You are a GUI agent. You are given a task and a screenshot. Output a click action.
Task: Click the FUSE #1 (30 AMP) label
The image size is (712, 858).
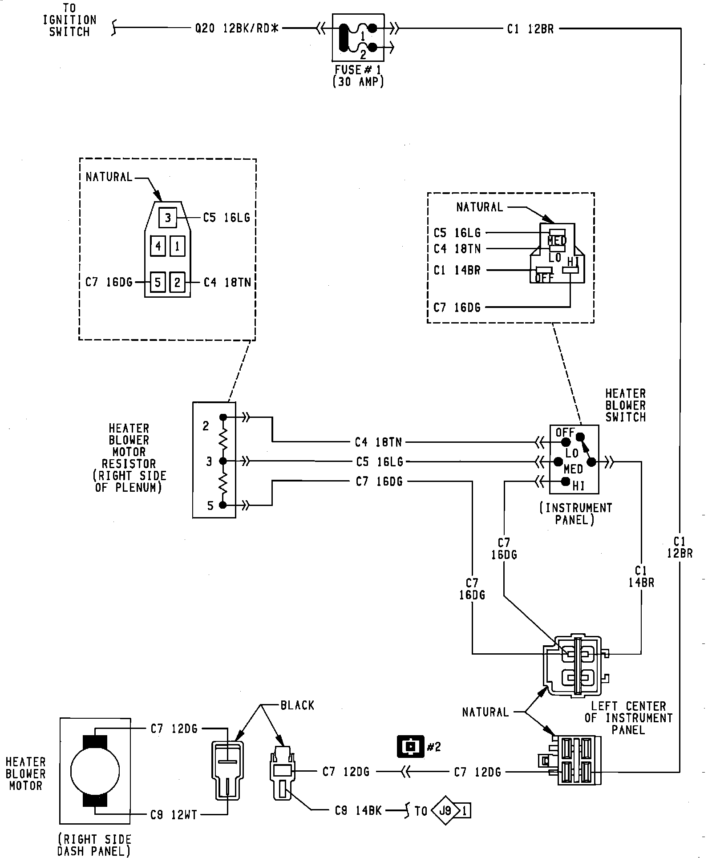pos(358,76)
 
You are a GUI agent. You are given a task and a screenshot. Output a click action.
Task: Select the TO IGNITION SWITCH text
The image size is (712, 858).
pos(69,20)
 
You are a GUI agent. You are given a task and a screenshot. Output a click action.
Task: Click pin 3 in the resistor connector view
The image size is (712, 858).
pos(168,218)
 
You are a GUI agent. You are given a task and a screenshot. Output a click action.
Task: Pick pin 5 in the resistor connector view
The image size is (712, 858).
pos(158,282)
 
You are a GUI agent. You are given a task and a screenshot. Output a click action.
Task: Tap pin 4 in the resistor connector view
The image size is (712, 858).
pos(158,246)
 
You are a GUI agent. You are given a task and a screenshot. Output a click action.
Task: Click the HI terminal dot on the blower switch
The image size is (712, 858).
pos(566,481)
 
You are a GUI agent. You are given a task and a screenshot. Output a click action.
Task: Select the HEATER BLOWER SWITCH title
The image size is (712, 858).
pos(625,405)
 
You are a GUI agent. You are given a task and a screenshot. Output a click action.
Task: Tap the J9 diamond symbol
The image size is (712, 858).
pos(445,811)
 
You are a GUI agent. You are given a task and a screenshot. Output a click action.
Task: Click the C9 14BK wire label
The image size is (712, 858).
pos(358,811)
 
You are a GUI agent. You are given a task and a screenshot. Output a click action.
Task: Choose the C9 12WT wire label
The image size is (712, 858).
pos(173,815)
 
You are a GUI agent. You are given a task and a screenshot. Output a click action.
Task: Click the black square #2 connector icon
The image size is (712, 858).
pos(410,746)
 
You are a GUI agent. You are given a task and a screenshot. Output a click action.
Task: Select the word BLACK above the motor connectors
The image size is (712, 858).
pos(297,705)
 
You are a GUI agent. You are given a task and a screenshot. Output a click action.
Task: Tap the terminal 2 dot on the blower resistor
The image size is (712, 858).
pos(223,417)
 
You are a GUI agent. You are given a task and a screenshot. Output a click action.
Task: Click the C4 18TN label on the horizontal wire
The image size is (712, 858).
pos(378,442)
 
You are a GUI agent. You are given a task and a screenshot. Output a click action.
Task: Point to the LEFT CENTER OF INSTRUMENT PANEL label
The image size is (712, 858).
pos(628,718)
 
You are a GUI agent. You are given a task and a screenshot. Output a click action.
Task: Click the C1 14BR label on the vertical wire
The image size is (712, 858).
pos(641,576)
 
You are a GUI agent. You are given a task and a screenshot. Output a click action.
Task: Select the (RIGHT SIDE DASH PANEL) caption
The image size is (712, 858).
pos(94,845)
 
